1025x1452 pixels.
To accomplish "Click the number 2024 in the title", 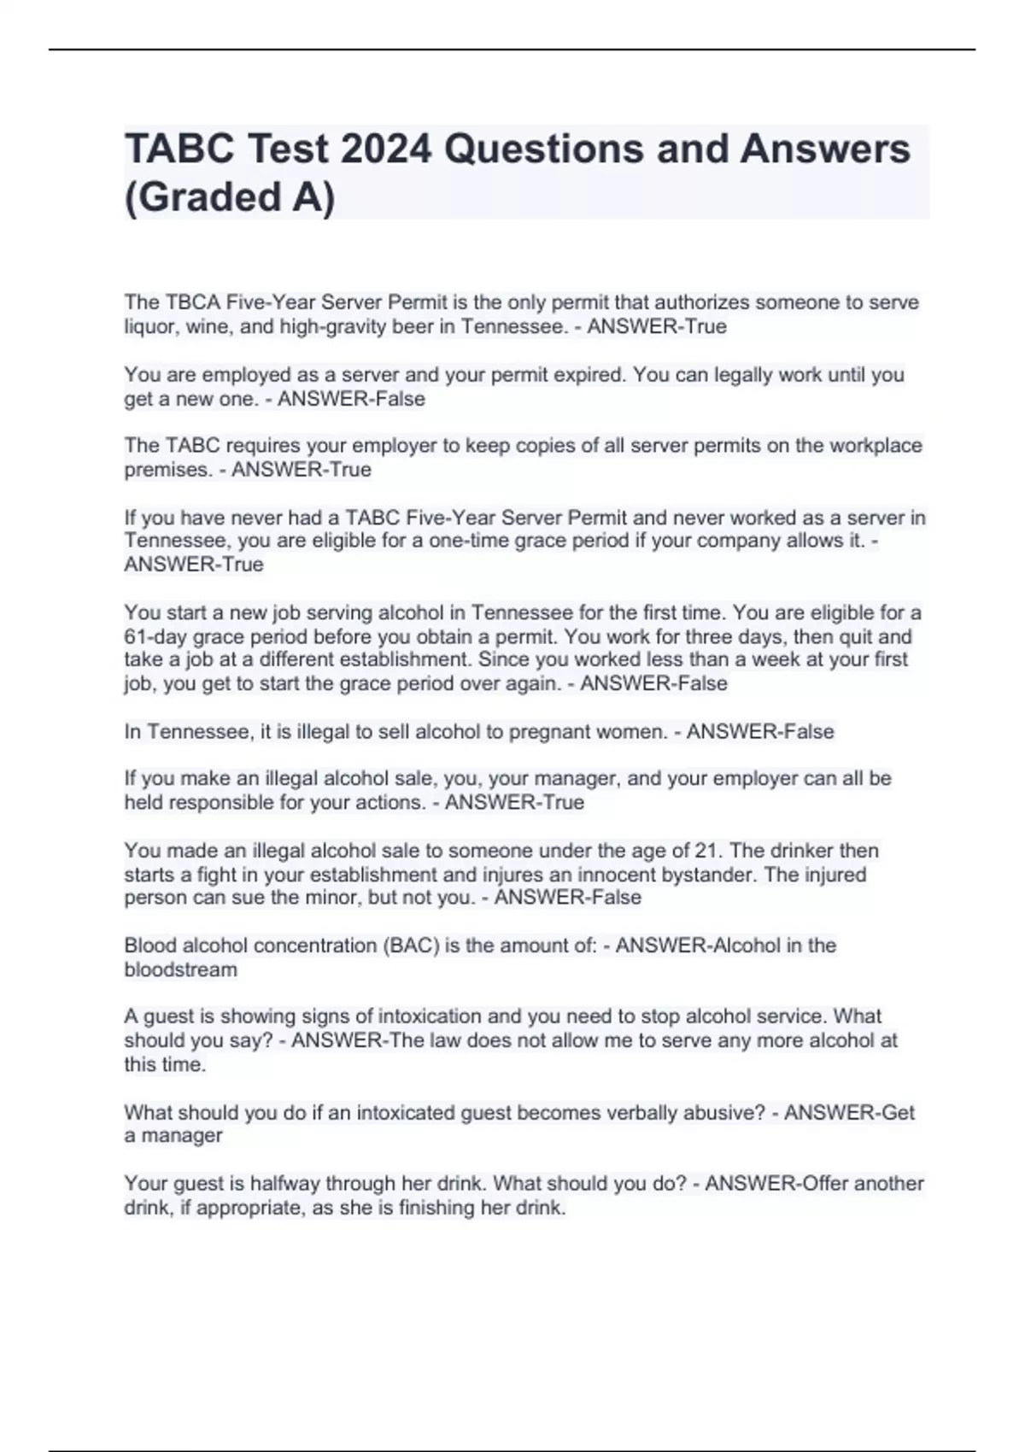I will [x=386, y=149].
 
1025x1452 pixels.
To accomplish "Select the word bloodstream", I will [x=180, y=969].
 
